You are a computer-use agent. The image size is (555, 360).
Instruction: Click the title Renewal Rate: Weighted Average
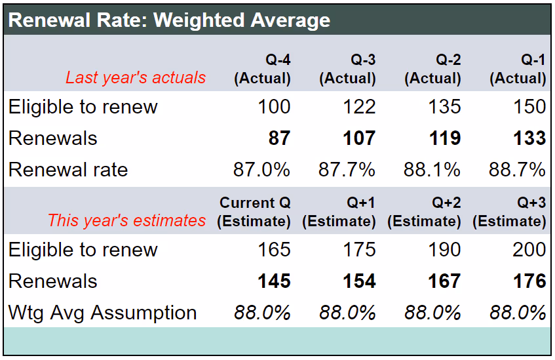pyautogui.click(x=170, y=20)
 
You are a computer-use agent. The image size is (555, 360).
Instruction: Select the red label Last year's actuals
pyautogui.click(x=136, y=77)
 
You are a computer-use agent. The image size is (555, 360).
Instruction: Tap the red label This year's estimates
pyautogui.click(x=126, y=220)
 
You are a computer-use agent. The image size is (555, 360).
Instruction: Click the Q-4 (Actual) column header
pyautogui.click(x=262, y=70)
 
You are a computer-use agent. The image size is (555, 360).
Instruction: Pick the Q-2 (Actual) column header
pyautogui.click(x=432, y=70)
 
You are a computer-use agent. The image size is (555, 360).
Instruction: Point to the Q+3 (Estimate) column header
pyautogui.click(x=509, y=212)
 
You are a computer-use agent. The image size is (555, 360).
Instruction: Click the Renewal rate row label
pyautogui.click(x=68, y=170)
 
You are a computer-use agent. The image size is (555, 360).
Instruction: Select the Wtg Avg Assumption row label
pyautogui.click(x=102, y=313)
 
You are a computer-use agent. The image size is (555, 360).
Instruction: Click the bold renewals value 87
pyautogui.click(x=279, y=138)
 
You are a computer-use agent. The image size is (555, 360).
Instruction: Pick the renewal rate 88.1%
pyautogui.click(x=432, y=170)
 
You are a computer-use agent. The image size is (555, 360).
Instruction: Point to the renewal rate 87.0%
pyautogui.click(x=261, y=170)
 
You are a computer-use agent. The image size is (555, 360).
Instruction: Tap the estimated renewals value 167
pyautogui.click(x=444, y=281)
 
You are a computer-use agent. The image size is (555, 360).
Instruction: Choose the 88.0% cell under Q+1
pyautogui.click(x=347, y=313)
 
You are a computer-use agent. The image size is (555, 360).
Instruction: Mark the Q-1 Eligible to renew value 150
pyautogui.click(x=529, y=107)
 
